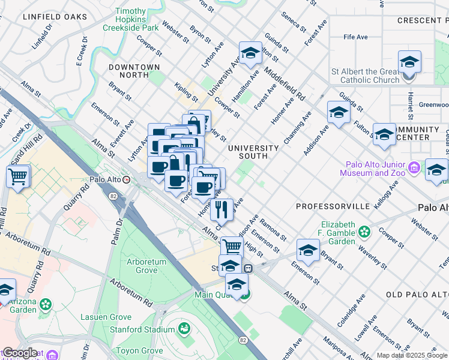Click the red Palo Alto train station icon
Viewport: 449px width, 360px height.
[126, 179]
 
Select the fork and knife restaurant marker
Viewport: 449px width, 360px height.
[221, 210]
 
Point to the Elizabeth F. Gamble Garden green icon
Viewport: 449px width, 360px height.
[364, 231]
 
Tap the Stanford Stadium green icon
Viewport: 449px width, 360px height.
[184, 329]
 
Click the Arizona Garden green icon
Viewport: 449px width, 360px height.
[46, 305]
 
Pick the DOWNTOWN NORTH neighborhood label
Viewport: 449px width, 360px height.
[134, 71]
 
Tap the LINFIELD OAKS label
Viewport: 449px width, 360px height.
[55, 17]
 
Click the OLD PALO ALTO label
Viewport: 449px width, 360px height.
[417, 295]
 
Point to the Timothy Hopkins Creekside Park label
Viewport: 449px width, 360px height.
[130, 20]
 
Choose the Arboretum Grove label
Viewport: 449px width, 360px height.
[150, 266]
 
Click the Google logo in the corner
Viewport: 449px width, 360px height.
[20, 353]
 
